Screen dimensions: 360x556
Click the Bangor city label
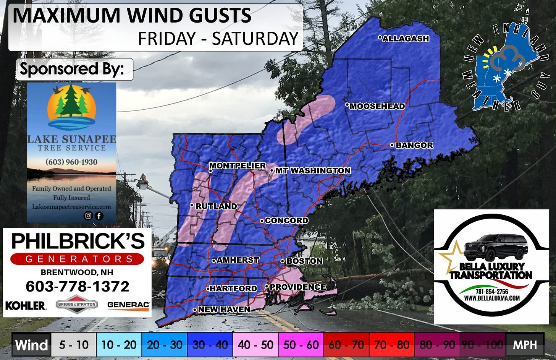[x=414, y=145]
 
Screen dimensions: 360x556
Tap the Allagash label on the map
[x=406, y=39]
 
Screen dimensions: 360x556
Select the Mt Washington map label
[x=313, y=170]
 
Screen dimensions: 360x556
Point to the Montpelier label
[x=237, y=165]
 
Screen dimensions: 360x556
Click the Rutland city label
[x=216, y=206]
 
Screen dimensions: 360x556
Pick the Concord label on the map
[x=286, y=221]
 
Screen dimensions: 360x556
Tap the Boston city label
[x=304, y=261]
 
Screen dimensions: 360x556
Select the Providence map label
[x=298, y=287]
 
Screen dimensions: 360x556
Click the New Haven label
[x=224, y=309]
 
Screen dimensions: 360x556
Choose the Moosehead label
[x=377, y=106]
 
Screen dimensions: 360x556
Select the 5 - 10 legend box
[x=74, y=345]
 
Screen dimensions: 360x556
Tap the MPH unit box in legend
[x=525, y=345]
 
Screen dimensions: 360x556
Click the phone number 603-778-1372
[x=78, y=286]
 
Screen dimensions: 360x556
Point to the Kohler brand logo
[x=26, y=305]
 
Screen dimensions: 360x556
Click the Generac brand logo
[x=128, y=305]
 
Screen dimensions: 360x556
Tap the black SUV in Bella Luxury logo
[x=496, y=247]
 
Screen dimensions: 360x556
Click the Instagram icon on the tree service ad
[x=88, y=216]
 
